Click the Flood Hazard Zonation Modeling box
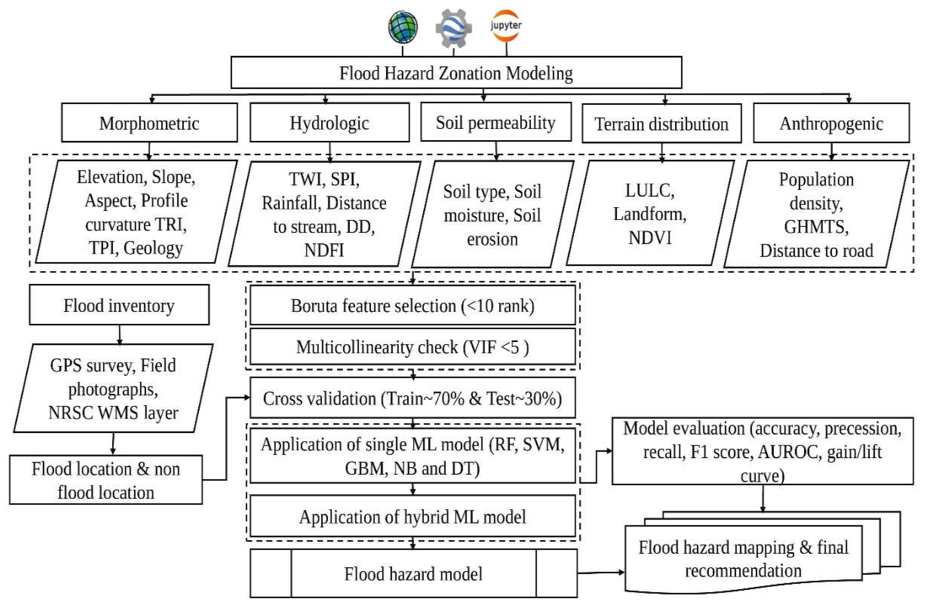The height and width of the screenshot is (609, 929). coord(456,73)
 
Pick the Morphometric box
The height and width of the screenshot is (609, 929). coord(149,123)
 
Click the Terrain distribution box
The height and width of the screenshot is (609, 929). coord(661,124)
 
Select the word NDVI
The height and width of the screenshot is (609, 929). coord(650,238)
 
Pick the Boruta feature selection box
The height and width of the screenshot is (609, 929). coord(412,306)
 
